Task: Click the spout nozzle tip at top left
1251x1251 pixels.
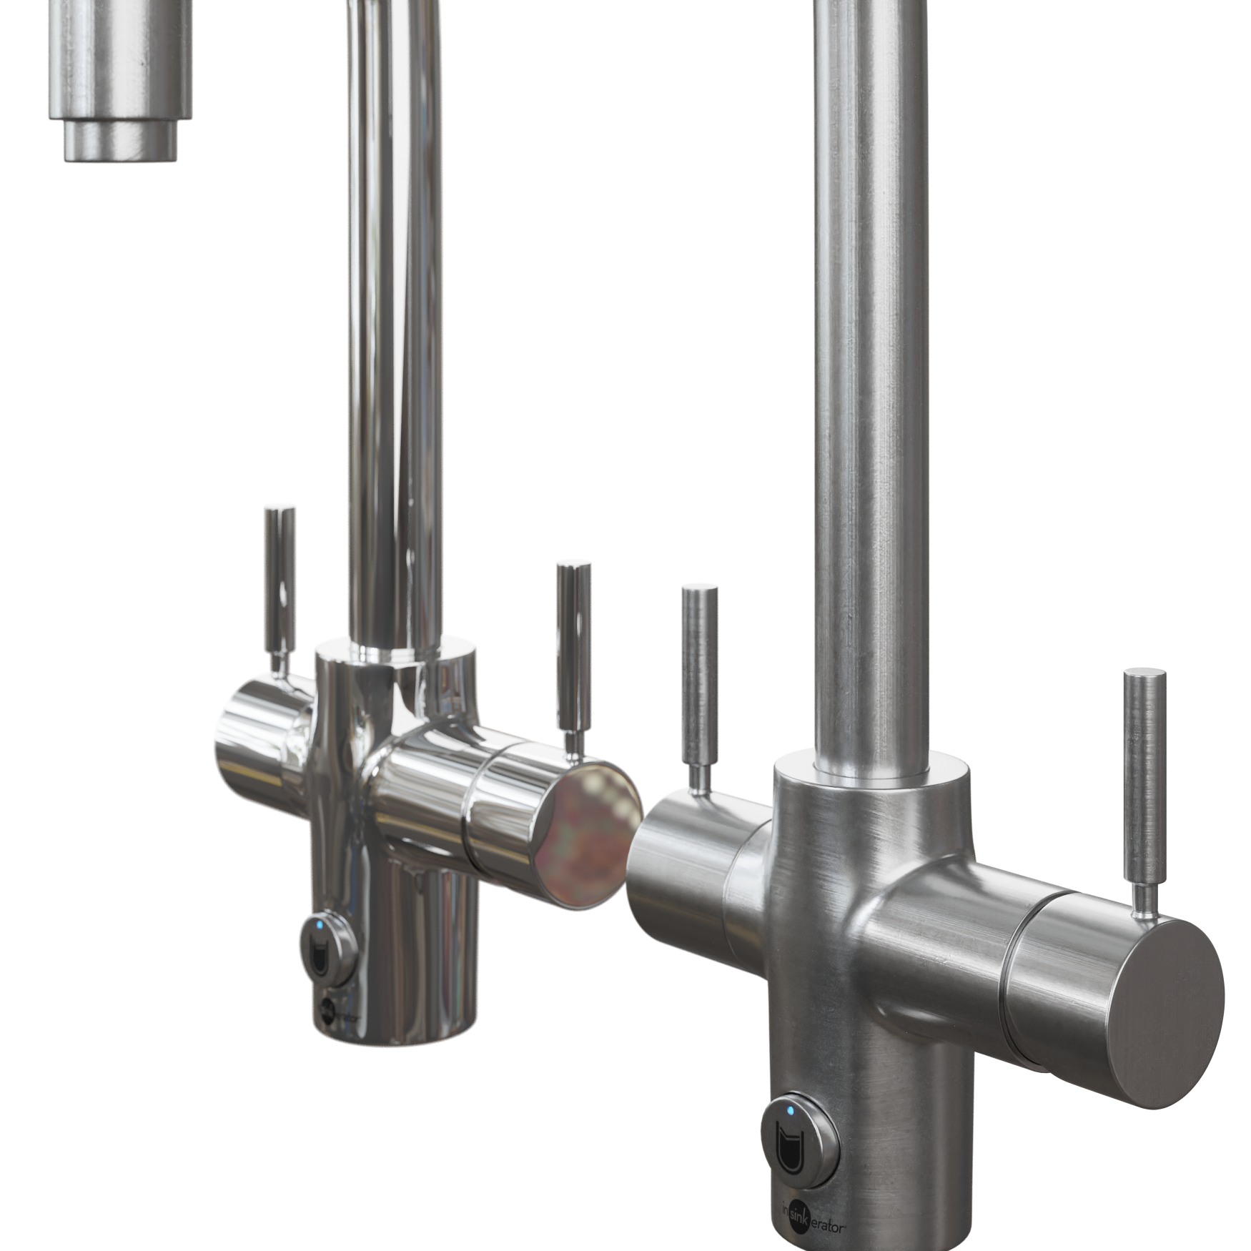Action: pyautogui.click(x=122, y=142)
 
